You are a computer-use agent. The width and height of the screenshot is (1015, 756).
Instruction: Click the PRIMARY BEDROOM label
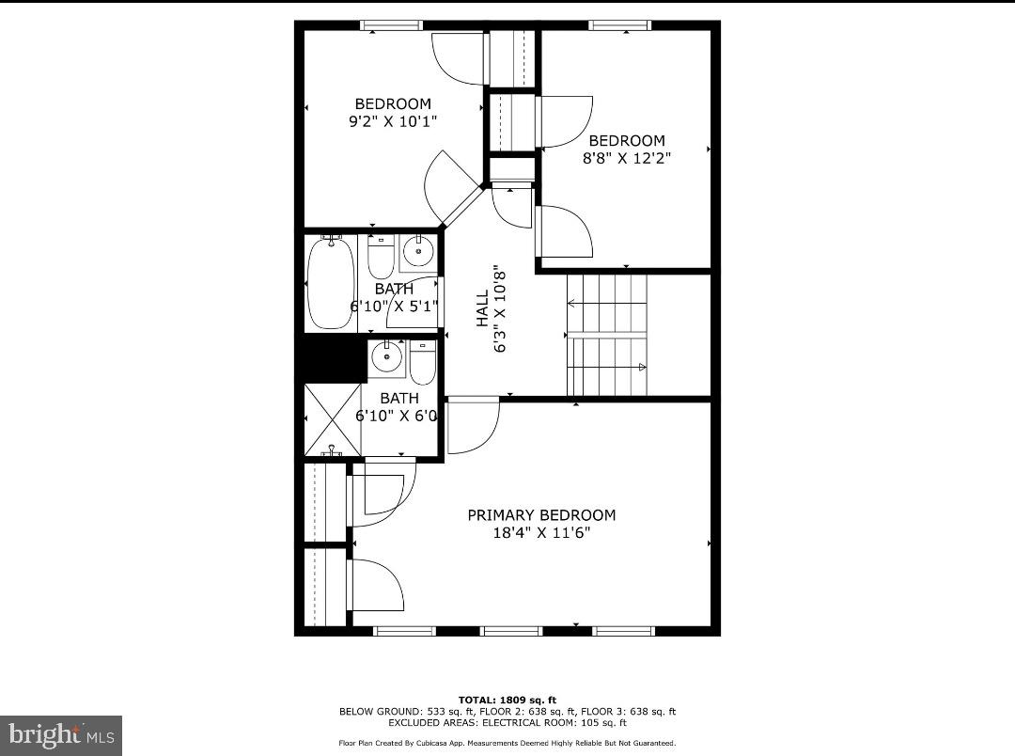tap(541, 515)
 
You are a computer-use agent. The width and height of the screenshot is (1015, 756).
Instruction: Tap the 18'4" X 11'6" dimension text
tap(541, 533)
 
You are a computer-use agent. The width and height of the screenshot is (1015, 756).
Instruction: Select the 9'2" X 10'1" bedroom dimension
tap(392, 121)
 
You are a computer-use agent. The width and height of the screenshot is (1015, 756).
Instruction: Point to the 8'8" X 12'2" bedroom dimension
tap(627, 158)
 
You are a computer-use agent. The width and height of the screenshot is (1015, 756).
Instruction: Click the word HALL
tap(482, 307)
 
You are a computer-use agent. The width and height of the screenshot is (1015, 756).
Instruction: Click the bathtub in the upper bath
tap(331, 282)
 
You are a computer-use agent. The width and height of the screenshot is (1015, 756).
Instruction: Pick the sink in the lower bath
tap(385, 356)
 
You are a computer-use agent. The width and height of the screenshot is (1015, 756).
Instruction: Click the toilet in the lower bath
tap(423, 362)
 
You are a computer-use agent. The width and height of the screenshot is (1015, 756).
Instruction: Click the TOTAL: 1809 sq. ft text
tap(507, 700)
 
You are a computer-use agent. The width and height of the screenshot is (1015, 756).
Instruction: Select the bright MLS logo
tap(61, 734)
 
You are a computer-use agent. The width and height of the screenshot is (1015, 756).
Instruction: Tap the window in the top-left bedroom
tap(391, 25)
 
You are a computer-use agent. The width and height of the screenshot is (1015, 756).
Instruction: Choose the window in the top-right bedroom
tap(620, 25)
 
